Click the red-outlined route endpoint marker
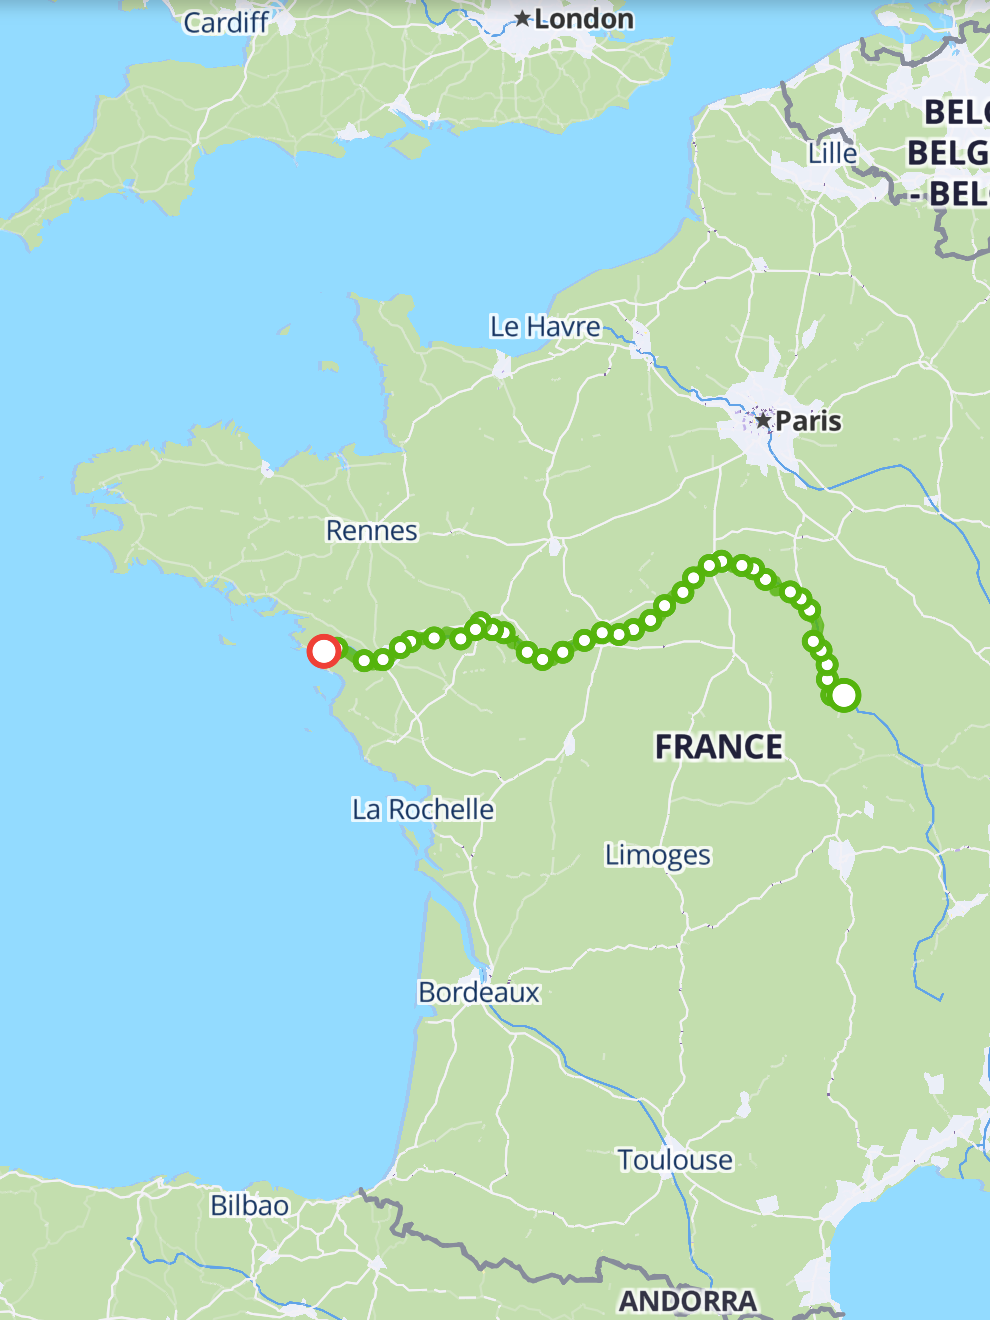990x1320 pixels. click(x=323, y=652)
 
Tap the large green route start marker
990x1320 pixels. click(x=844, y=695)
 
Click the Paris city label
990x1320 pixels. click(x=808, y=421)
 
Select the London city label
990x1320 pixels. click(x=584, y=19)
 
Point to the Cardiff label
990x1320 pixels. click(x=225, y=22)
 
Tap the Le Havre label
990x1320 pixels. click(x=545, y=327)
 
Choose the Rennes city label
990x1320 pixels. click(x=372, y=530)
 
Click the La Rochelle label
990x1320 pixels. click(x=423, y=809)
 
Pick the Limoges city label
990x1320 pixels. click(x=658, y=855)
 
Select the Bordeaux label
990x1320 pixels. click(x=479, y=992)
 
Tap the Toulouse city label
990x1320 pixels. click(x=675, y=1160)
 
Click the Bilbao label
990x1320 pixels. click(x=249, y=1206)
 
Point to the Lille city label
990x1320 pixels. click(x=833, y=153)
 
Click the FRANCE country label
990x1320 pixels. click(x=719, y=747)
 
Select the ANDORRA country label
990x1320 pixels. click(x=688, y=1301)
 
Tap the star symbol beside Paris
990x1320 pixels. click(x=763, y=421)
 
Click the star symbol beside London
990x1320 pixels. click(x=522, y=19)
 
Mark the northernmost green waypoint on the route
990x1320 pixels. click(x=721, y=561)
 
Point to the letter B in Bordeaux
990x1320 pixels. click(x=427, y=992)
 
